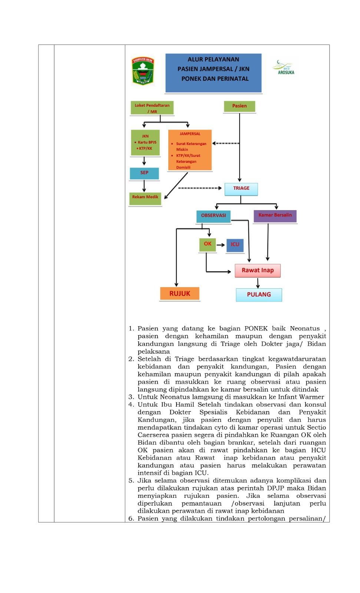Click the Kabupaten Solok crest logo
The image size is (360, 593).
(x=143, y=71)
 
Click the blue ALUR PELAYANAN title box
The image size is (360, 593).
(x=213, y=73)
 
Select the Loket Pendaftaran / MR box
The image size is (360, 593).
(x=152, y=108)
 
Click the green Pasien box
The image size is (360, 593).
(x=240, y=106)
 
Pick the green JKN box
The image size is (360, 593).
(x=145, y=143)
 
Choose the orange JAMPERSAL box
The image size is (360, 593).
(x=190, y=150)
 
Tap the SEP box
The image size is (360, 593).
(x=144, y=173)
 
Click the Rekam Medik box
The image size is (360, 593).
(x=145, y=199)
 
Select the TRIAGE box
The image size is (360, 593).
(x=241, y=189)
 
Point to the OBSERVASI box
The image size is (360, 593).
(x=214, y=216)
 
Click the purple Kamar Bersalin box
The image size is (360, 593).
(x=275, y=216)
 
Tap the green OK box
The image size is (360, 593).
(x=207, y=245)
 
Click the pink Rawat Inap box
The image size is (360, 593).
(x=257, y=271)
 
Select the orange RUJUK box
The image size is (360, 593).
(x=179, y=294)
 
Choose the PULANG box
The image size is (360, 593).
(x=259, y=295)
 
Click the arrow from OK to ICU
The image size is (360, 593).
(x=220, y=245)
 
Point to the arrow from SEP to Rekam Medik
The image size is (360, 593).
(x=144, y=186)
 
